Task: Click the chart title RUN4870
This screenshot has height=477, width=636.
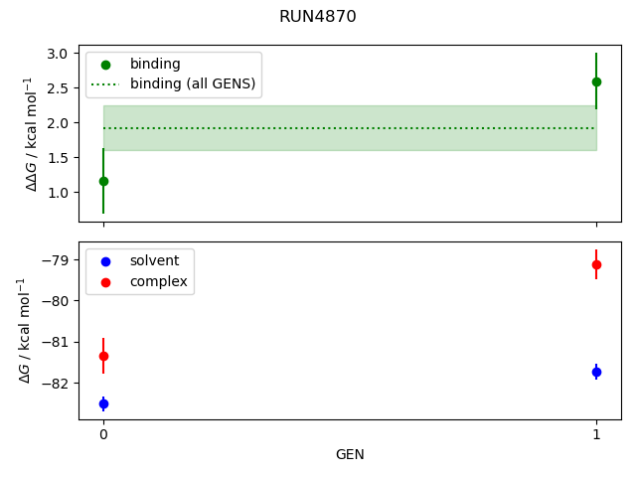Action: pyautogui.click(x=318, y=17)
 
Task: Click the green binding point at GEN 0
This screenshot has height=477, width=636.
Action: pyautogui.click(x=103, y=181)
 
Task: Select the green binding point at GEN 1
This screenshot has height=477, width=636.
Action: pyautogui.click(x=596, y=81)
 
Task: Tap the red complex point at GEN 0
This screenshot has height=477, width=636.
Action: pyautogui.click(x=103, y=356)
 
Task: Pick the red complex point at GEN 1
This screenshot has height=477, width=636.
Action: pyautogui.click(x=596, y=264)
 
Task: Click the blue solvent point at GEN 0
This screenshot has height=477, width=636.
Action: pyautogui.click(x=103, y=403)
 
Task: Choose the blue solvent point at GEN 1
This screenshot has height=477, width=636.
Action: pyautogui.click(x=596, y=372)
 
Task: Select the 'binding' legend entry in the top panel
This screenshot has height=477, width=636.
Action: pyautogui.click(x=155, y=64)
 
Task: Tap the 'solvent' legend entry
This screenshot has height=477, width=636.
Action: pyautogui.click(x=154, y=260)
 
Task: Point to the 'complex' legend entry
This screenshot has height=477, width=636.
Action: pyautogui.click(x=158, y=282)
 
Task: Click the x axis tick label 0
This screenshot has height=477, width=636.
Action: pyautogui.click(x=103, y=434)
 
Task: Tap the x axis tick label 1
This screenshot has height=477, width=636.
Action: pyautogui.click(x=596, y=434)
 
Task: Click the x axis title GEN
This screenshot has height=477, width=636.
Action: pyautogui.click(x=350, y=454)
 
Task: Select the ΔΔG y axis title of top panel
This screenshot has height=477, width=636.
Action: pyautogui.click(x=31, y=133)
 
